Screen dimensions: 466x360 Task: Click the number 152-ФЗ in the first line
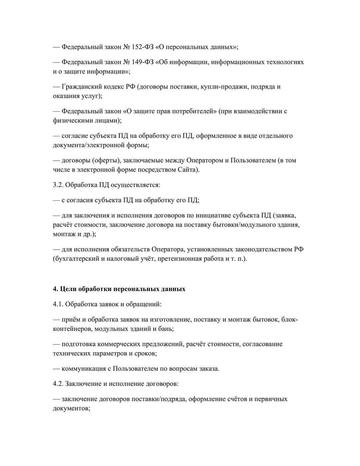[143, 47]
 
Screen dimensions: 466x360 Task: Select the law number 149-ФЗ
[143, 62]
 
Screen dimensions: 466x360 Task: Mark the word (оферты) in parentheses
[108, 160]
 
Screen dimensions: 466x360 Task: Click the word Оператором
[205, 160]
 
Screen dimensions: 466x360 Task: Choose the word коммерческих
[122, 344]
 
